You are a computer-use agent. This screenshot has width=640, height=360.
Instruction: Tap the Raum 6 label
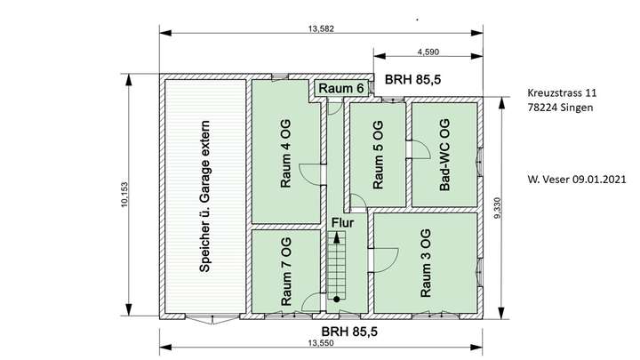(x=341, y=88)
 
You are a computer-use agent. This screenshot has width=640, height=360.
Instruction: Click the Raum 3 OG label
(x=427, y=263)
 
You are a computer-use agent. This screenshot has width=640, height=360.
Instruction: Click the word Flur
(x=343, y=223)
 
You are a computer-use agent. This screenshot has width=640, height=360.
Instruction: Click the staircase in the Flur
(x=338, y=267)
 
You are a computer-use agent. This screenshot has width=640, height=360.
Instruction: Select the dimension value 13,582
(x=321, y=28)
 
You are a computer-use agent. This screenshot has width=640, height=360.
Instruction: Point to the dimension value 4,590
(x=428, y=52)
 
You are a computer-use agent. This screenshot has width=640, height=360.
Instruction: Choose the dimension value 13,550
(x=320, y=343)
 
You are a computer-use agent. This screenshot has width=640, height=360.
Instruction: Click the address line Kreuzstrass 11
(x=562, y=92)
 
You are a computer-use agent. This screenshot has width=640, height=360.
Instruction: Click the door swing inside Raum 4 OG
(x=308, y=174)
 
